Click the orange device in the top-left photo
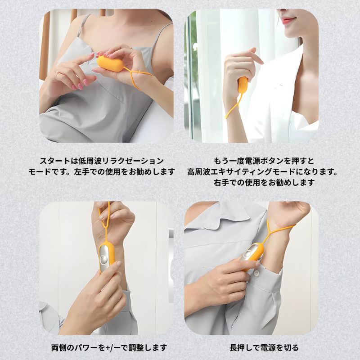(x=111, y=64)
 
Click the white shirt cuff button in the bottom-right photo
(x=256, y=273)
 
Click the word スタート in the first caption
(x=54, y=161)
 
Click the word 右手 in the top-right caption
(x=221, y=183)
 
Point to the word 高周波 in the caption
(x=198, y=172)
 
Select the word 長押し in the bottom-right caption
(x=241, y=348)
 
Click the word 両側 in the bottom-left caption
(x=59, y=348)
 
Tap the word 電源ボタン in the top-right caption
(x=261, y=161)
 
